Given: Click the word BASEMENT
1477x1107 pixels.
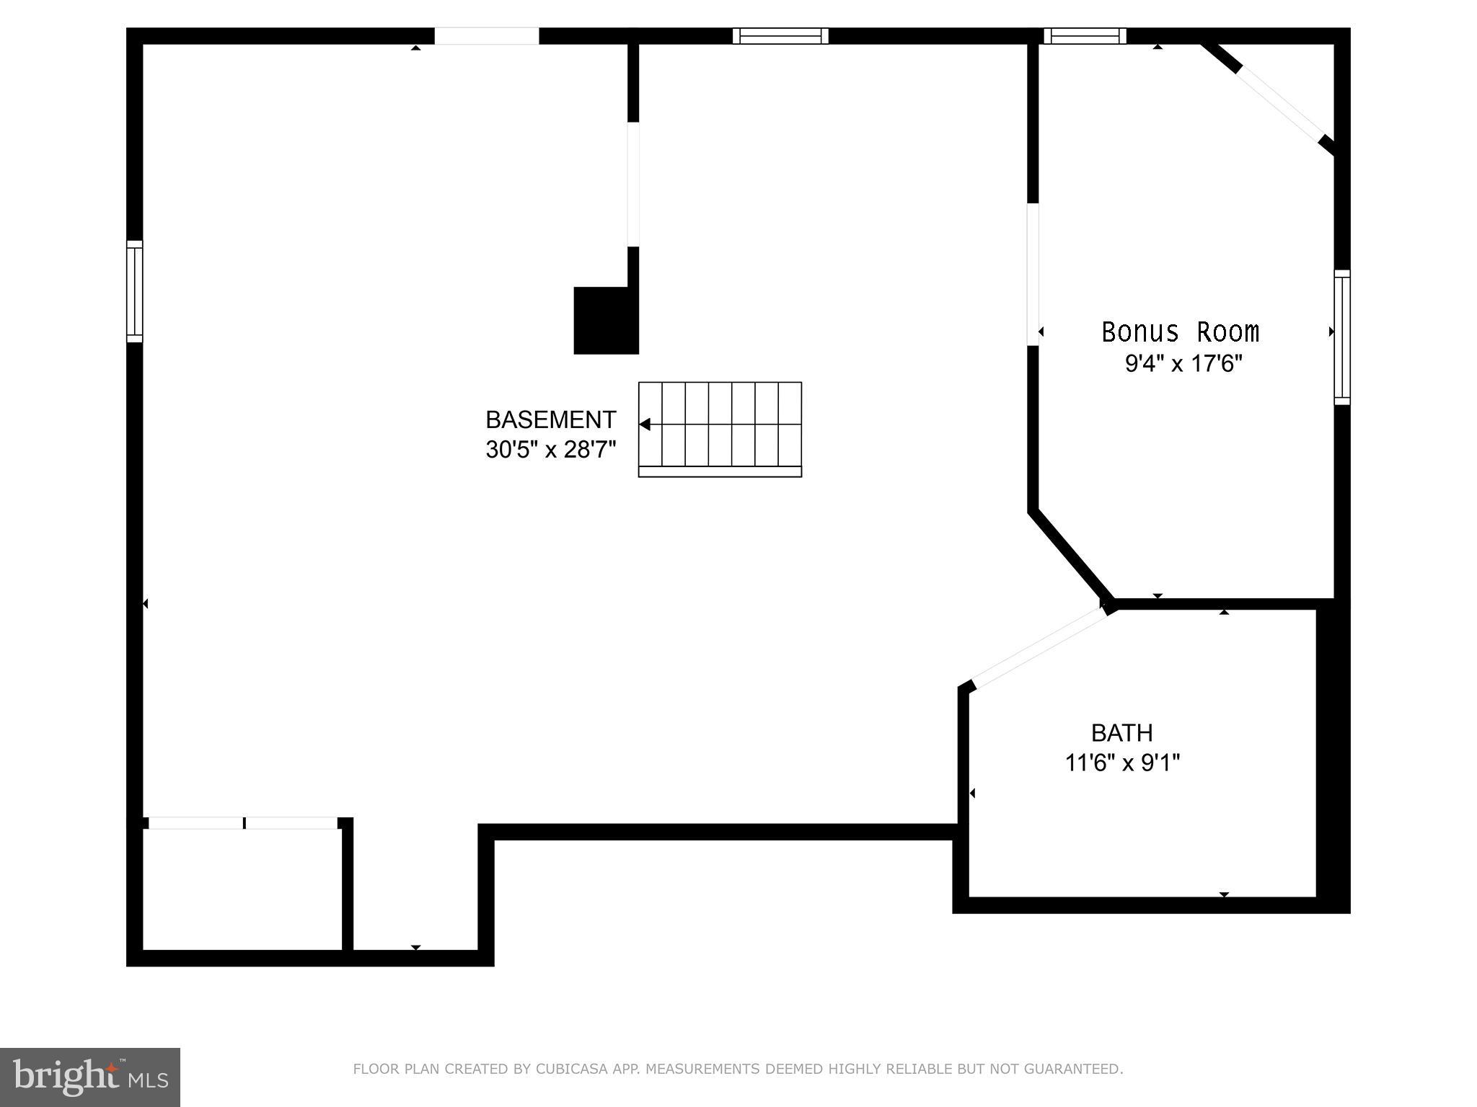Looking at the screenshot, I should coord(550,419).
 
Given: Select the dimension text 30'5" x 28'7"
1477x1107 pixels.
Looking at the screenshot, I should coord(550,450).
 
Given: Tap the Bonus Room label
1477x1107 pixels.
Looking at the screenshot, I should coord(1180,332).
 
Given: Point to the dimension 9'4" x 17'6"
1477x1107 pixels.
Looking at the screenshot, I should coord(1183,363).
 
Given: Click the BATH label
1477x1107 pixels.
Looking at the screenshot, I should coord(1121,733).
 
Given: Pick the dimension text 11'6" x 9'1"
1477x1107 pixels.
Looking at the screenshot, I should coord(1122,763).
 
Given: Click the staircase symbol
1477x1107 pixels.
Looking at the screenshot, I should coord(720,429).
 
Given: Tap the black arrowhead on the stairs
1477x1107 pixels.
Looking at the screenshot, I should coord(645,424).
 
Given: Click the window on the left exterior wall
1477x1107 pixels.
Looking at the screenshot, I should coord(135,291).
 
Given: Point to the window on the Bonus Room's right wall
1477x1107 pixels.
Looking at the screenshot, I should coord(1341,337).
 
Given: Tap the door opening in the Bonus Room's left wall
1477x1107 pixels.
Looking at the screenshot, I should coord(1033,274).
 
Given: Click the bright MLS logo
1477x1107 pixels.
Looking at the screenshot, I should coord(90,1077).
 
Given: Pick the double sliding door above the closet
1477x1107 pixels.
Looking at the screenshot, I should coord(243,823).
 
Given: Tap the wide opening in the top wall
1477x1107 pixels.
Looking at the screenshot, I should coord(487,36).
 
